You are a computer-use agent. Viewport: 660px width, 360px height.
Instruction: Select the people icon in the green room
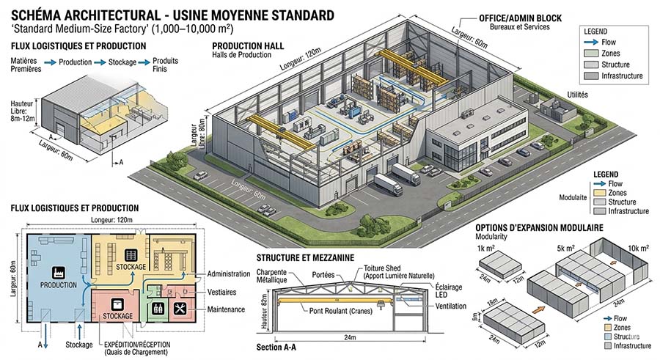tap(155, 309)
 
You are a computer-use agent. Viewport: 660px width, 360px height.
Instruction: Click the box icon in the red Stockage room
tap(117, 304)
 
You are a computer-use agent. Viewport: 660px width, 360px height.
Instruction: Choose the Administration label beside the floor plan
tap(229, 273)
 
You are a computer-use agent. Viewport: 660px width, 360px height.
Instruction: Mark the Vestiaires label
tap(224, 291)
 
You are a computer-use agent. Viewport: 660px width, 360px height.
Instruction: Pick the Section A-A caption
tap(279, 345)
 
